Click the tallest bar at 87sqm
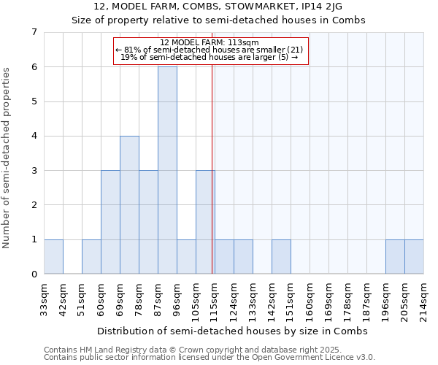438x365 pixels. pyautogui.click(x=167, y=170)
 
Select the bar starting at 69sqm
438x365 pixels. pyautogui.click(x=129, y=205)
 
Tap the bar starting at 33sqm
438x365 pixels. pyautogui.click(x=53, y=257)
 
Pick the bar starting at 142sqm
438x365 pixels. pyautogui.click(x=281, y=257)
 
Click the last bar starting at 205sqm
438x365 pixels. pyautogui.click(x=414, y=257)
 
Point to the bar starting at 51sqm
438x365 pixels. pyautogui.click(x=91, y=257)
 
